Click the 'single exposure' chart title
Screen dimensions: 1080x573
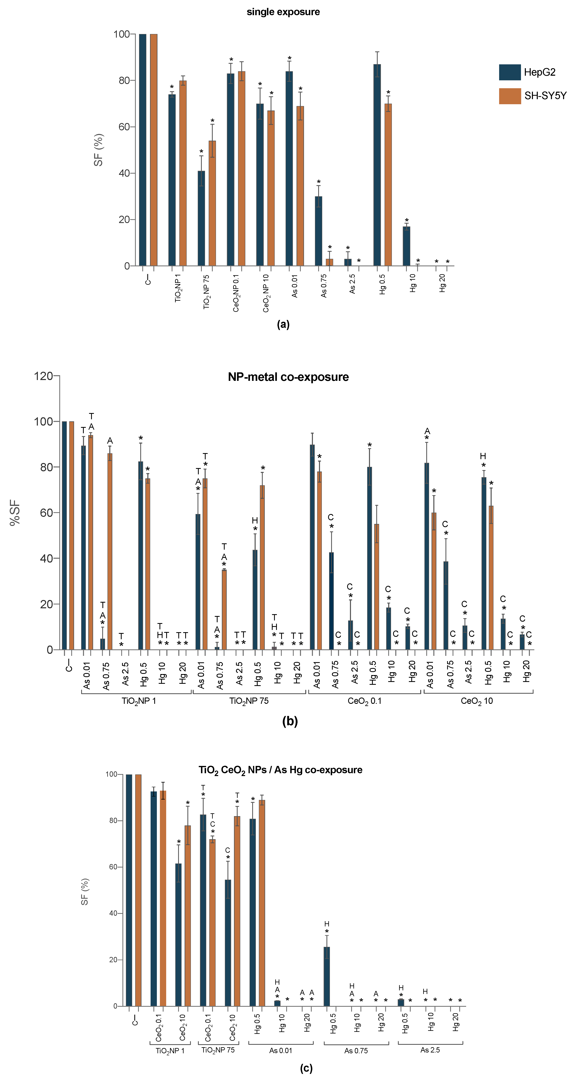click(x=283, y=12)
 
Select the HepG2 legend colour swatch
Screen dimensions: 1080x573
click(x=510, y=72)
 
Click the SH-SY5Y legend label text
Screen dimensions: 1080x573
click(x=545, y=96)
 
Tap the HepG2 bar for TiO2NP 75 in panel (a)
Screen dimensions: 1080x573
click(x=201, y=218)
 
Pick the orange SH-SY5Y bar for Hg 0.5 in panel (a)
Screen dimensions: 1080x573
click(x=388, y=185)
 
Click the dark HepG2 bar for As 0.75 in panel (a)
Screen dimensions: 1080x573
click(x=318, y=230)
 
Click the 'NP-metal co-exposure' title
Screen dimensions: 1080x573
click(x=288, y=377)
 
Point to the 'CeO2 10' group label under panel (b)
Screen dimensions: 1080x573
click(x=476, y=701)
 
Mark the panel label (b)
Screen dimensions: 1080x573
click(x=290, y=722)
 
